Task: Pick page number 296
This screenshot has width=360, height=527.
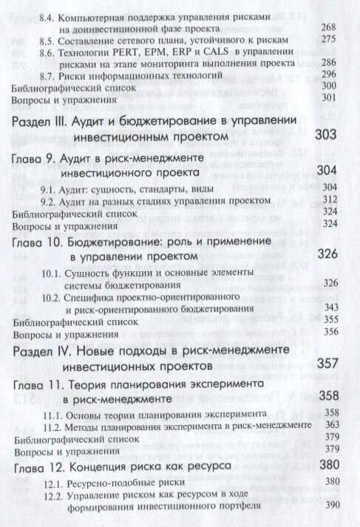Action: pyautogui.click(x=327, y=75)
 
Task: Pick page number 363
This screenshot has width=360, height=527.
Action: pyautogui.click(x=327, y=424)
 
